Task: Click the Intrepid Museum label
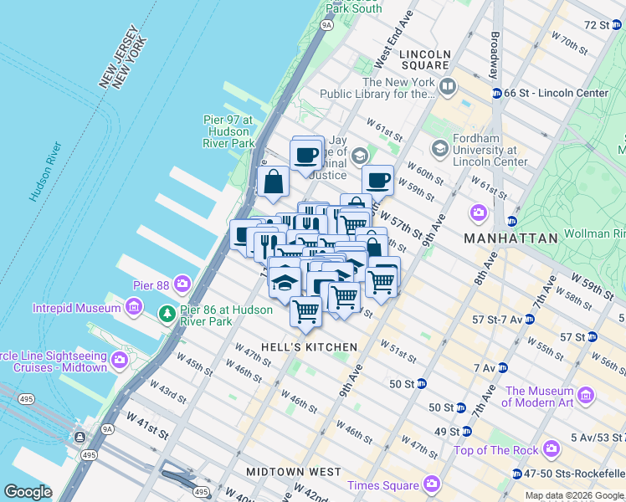[x=77, y=308]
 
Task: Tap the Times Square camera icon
[x=432, y=484]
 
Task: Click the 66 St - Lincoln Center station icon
[x=496, y=93]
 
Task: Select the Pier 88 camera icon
[x=182, y=284]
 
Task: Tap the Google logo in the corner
[x=28, y=492]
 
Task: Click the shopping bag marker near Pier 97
[x=274, y=182]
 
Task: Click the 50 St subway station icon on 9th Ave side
[x=423, y=384]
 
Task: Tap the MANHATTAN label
[x=512, y=238]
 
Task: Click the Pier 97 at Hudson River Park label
[x=228, y=131]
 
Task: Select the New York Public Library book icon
[x=448, y=87]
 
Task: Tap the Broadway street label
[x=495, y=53]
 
